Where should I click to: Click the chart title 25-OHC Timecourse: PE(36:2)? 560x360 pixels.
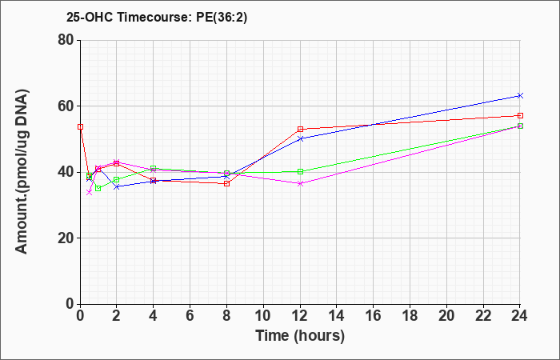[157, 17]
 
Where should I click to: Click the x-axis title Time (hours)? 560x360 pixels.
[300, 335]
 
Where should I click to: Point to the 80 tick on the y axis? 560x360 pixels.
[65, 40]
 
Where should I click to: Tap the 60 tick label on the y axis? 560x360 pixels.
[65, 106]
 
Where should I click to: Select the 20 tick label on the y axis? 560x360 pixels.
[65, 238]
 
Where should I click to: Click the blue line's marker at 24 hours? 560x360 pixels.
[520, 95]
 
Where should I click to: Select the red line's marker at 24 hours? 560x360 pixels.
[520, 115]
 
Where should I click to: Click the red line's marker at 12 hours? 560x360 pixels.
[300, 129]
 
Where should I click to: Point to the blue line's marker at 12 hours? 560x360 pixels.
[300, 138]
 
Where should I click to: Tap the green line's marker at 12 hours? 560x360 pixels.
[300, 171]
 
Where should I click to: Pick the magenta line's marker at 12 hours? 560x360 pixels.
[300, 183]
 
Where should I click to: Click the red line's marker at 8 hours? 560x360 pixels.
[227, 183]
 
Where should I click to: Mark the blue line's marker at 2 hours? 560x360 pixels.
[117, 186]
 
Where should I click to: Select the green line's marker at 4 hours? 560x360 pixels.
[154, 169]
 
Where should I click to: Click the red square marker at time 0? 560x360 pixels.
[80, 126]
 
